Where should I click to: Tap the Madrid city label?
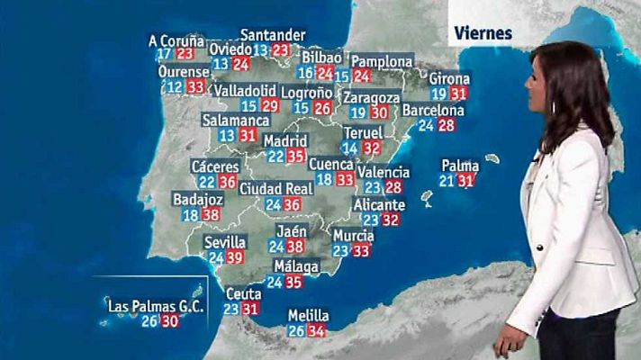[x=285, y=141]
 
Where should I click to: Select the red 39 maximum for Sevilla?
[x=236, y=257]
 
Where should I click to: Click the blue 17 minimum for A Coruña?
[x=164, y=55]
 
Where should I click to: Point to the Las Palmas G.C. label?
[x=156, y=306]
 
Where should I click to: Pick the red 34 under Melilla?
[x=316, y=331]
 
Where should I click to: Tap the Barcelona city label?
[x=433, y=111]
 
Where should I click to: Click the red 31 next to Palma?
[x=465, y=181]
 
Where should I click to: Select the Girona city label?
[x=449, y=78]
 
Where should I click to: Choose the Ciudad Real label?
[x=275, y=189]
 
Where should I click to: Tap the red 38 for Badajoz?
[x=212, y=215]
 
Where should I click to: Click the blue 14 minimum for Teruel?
[x=351, y=148]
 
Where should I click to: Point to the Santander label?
[x=273, y=35]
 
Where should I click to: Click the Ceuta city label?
[x=243, y=293]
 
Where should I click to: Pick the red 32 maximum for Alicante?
[x=390, y=219]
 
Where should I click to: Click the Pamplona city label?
[x=382, y=61]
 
